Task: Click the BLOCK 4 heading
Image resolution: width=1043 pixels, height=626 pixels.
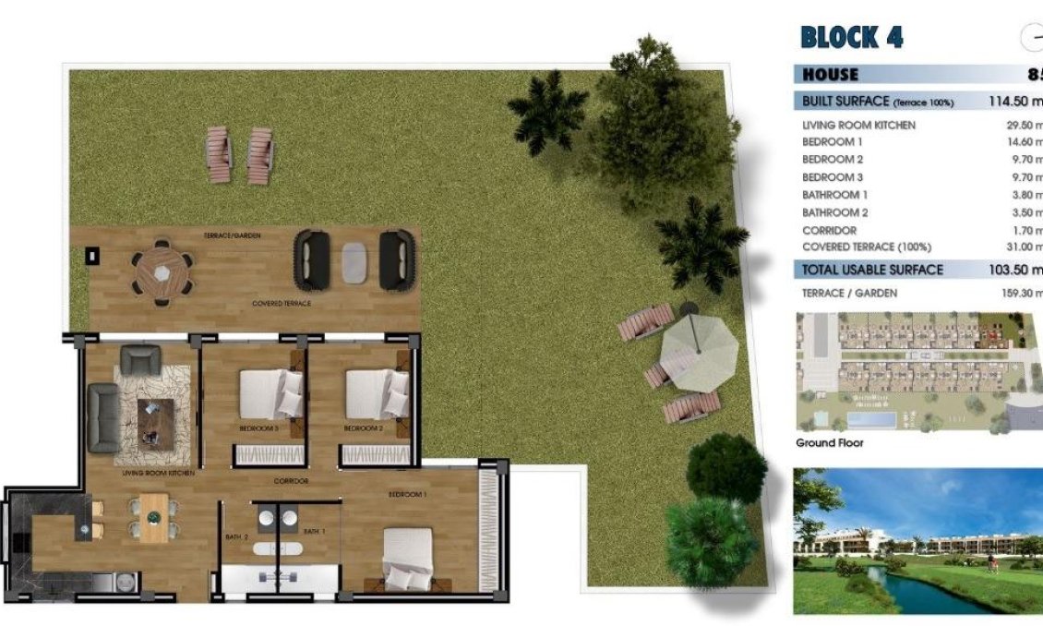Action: (x=852, y=38)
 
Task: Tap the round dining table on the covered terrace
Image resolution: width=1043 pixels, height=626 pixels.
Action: (x=162, y=271)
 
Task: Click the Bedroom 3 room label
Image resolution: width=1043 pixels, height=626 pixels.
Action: (x=258, y=428)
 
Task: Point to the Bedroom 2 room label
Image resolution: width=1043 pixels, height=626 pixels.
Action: (x=363, y=428)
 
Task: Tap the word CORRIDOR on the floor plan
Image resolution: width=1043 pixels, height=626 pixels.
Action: (x=291, y=481)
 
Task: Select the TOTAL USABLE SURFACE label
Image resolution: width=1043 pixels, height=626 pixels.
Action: (x=873, y=270)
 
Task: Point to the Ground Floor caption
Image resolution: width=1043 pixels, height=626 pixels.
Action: (x=829, y=443)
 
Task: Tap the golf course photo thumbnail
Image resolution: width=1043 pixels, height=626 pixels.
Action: (x=917, y=541)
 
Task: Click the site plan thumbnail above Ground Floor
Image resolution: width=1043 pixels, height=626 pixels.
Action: (x=917, y=372)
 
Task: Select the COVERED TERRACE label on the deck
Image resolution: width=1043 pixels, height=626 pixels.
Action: (x=282, y=303)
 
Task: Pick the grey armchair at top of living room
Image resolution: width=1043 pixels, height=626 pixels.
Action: (x=140, y=358)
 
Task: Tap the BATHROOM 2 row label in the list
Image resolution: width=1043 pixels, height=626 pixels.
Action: (x=835, y=212)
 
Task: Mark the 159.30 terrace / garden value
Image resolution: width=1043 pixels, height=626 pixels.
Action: (x=1021, y=294)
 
